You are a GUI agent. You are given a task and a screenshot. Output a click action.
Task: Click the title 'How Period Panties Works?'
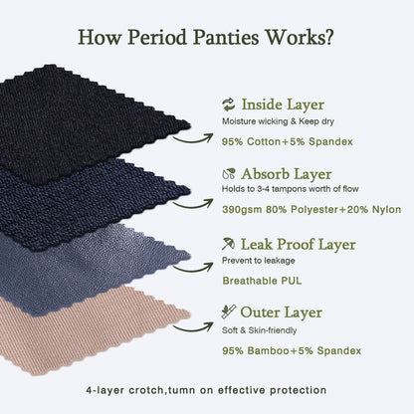[206, 40]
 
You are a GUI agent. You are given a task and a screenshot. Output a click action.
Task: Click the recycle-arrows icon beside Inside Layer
[228, 103]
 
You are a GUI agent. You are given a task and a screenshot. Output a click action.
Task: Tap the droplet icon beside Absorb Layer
[228, 172]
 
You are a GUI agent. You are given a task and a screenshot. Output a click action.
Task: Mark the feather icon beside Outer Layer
[228, 312]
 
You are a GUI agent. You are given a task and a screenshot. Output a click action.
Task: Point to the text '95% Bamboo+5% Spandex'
[290, 350]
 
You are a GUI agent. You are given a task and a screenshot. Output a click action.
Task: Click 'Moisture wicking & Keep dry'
[281, 120]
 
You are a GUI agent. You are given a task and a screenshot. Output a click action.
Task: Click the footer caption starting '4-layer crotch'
[207, 388]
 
